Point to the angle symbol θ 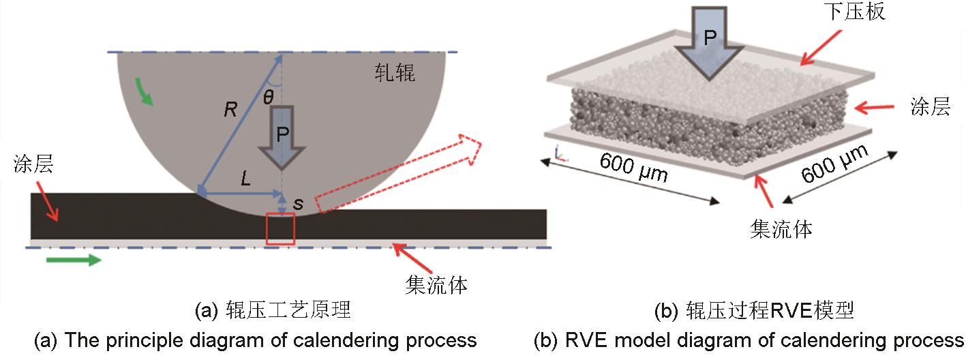point(269,97)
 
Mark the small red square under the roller point(281,228)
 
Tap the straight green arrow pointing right point(75,259)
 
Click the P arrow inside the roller point(281,136)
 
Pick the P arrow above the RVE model point(709,41)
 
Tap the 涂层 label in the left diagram point(33,166)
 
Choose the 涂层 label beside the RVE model point(931,107)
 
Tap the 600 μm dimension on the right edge point(834,164)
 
